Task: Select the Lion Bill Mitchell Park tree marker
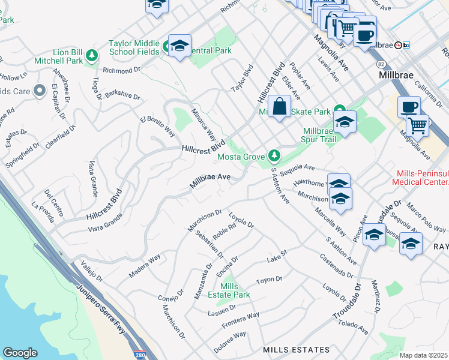[x=92, y=56]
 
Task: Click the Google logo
[x=20, y=353]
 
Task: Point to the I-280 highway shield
[x=139, y=355]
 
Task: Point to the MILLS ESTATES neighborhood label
[x=296, y=349]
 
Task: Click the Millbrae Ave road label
[x=211, y=181]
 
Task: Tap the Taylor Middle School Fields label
[x=134, y=47]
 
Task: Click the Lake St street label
[x=277, y=260]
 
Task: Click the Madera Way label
[x=145, y=266]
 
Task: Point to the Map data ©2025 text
[x=424, y=355]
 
